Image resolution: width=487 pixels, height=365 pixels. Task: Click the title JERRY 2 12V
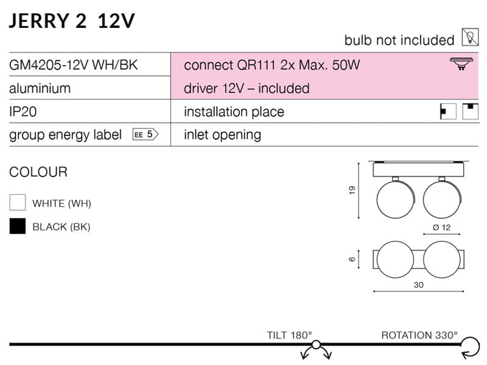pos(72,20)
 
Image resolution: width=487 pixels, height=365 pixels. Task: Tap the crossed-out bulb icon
pos(469,39)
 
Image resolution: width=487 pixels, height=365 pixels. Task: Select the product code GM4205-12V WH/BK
pos(74,64)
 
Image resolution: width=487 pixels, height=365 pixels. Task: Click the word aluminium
pos(40,88)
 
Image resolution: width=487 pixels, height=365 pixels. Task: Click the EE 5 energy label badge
pos(145,135)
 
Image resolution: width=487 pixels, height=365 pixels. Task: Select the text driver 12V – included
pos(247,88)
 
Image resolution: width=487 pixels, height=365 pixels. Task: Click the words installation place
pos(234,112)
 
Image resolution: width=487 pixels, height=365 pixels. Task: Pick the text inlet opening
pos(222,135)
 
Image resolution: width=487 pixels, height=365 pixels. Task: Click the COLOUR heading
pos(38,172)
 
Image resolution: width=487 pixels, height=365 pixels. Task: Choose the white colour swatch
pos(18,203)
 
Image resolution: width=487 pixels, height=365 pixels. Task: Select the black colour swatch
pos(18,226)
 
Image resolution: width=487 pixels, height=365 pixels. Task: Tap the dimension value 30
pos(418,285)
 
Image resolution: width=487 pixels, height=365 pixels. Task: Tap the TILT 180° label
pos(289,335)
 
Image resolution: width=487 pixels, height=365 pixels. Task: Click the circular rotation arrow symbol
pos(469,348)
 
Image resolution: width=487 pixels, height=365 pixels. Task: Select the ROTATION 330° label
pos(419,335)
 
